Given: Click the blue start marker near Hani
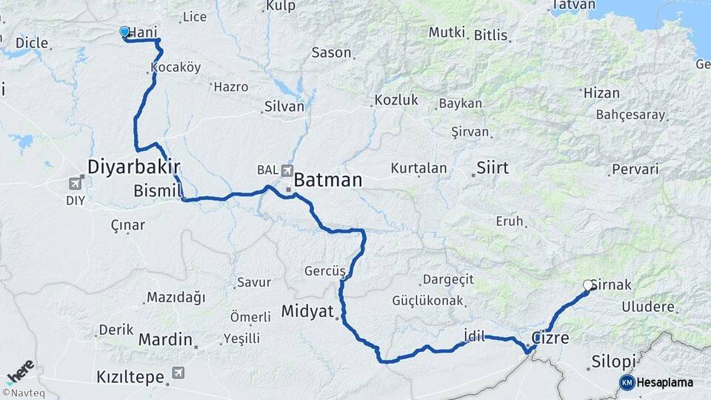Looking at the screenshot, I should click(124, 32).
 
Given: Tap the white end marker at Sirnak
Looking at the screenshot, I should click(588, 285).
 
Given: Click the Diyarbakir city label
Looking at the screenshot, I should click(134, 166).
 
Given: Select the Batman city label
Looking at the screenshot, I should click(328, 180).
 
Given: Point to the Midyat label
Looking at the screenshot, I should click(307, 311).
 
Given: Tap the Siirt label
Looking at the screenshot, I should click(493, 167).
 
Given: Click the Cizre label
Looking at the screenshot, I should click(550, 339).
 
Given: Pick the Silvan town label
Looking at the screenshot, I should click(284, 107).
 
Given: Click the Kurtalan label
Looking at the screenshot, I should click(419, 168).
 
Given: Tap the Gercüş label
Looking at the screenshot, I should click(325, 271).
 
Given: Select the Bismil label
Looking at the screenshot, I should click(157, 191).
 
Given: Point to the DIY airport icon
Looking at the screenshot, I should click(76, 183).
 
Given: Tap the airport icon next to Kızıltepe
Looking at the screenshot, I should click(176, 376).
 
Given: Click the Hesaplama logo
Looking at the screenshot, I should click(656, 382).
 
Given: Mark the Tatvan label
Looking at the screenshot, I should click(573, 5).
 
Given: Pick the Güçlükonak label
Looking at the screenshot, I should click(429, 301).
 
